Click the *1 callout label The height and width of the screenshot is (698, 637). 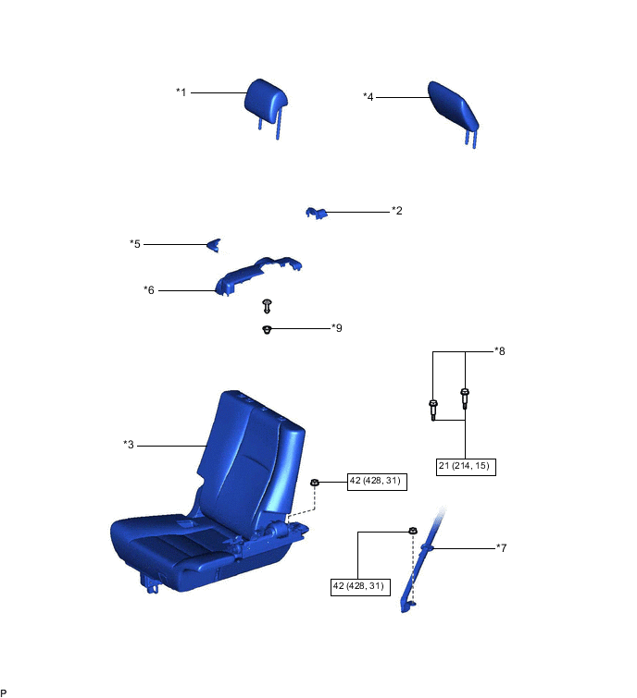pyautogui.click(x=181, y=92)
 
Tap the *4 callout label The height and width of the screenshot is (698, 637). pyautogui.click(x=368, y=96)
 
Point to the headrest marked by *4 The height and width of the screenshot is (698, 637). pyautogui.click(x=454, y=109)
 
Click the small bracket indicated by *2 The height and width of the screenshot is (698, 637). pyautogui.click(x=316, y=214)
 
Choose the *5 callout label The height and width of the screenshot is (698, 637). pyautogui.click(x=135, y=244)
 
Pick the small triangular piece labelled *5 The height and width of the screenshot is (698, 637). pyautogui.click(x=214, y=245)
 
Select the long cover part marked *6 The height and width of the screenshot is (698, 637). pyautogui.click(x=258, y=276)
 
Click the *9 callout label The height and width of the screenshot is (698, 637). pyautogui.click(x=337, y=328)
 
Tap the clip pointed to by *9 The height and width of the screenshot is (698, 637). pyautogui.click(x=267, y=330)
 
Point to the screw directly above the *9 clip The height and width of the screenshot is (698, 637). pyautogui.click(x=267, y=306)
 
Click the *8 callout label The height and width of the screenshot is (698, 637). pyautogui.click(x=500, y=351)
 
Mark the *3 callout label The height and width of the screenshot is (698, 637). pyautogui.click(x=129, y=445)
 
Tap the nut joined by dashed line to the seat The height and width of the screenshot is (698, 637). pyautogui.click(x=314, y=483)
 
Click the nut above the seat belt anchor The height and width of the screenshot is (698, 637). pyautogui.click(x=413, y=531)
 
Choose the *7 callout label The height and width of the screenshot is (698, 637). pyautogui.click(x=502, y=548)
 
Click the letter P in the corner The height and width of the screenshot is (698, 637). pyautogui.click(x=4, y=693)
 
